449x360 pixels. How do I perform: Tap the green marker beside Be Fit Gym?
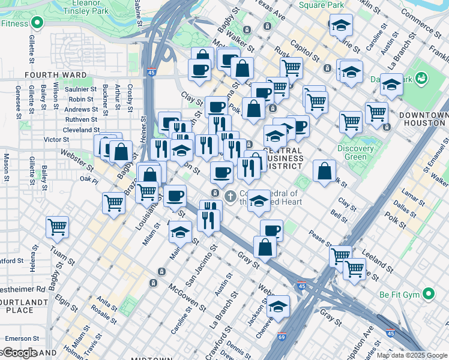click(429, 295)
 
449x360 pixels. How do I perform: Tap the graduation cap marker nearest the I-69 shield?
click(278, 307)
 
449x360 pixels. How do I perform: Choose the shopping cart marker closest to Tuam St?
click(58, 227)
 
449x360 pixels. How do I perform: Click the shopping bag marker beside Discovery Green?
click(324, 171)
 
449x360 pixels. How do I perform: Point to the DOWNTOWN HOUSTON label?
click(426, 119)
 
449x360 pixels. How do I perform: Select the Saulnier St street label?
click(82, 89)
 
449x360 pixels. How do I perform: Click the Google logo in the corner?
click(19, 352)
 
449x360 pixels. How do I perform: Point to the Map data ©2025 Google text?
click(412, 355)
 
